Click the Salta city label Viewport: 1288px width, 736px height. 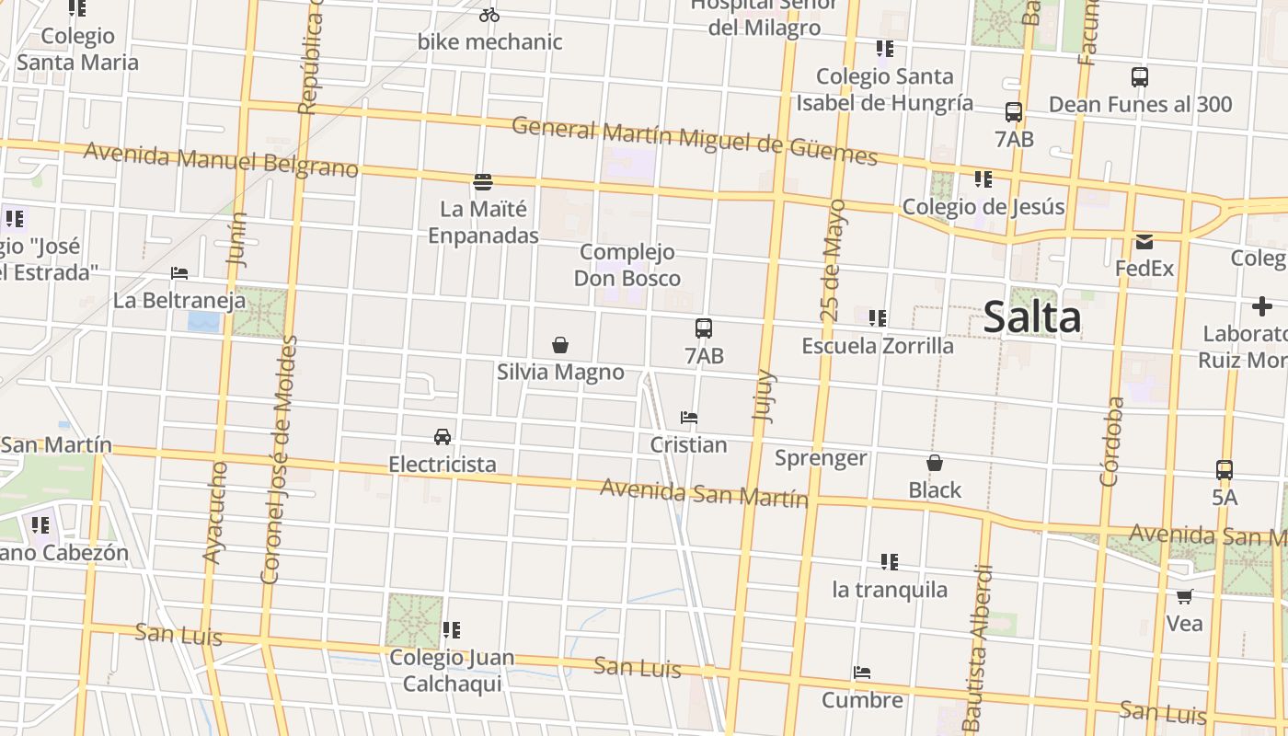click(x=1031, y=317)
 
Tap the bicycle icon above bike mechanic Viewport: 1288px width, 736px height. click(x=489, y=15)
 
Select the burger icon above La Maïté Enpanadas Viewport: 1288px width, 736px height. click(x=483, y=181)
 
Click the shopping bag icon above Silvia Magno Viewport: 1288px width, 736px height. click(x=559, y=345)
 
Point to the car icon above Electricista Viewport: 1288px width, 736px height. click(x=443, y=436)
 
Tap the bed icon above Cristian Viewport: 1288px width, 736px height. click(x=688, y=418)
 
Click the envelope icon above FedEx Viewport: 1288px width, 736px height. click(x=1144, y=242)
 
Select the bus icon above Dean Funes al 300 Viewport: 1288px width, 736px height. click(x=1140, y=77)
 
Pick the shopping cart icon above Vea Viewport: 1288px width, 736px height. click(x=1184, y=596)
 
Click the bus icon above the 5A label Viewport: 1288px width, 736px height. click(x=1225, y=470)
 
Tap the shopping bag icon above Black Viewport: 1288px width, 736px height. click(x=935, y=463)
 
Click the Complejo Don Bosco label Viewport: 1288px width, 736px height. click(x=627, y=265)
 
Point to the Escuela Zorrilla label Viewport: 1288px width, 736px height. click(x=878, y=346)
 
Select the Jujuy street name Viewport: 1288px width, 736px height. click(x=764, y=396)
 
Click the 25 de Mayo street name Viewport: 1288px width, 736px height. click(x=833, y=260)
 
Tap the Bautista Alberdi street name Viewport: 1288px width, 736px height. click(x=981, y=648)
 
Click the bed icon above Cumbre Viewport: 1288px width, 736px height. click(x=862, y=673)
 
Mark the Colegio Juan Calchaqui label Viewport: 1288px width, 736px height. click(x=452, y=671)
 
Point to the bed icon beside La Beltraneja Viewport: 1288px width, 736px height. click(x=179, y=273)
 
